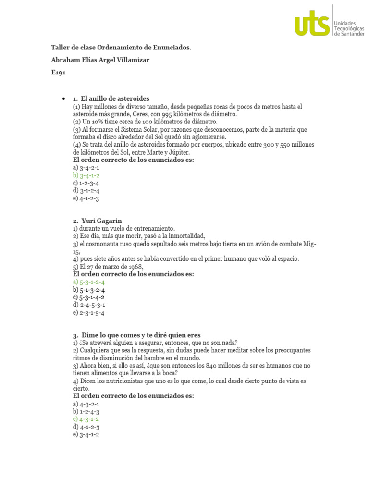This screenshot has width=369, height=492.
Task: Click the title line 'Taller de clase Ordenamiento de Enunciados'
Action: click(x=121, y=48)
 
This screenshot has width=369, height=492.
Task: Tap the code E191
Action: click(x=58, y=73)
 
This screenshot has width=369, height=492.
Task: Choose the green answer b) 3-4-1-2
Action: click(x=86, y=175)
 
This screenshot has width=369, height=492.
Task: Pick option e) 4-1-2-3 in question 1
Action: click(x=86, y=198)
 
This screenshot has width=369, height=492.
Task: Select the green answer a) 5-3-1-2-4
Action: click(x=89, y=282)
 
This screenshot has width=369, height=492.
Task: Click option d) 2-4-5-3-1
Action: click(x=89, y=305)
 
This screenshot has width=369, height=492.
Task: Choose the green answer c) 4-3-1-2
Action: click(x=86, y=419)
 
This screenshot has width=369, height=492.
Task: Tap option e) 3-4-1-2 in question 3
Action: click(x=86, y=434)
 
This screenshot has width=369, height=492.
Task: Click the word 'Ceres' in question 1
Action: click(x=132, y=114)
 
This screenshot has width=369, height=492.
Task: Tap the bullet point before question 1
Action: click(x=63, y=99)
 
